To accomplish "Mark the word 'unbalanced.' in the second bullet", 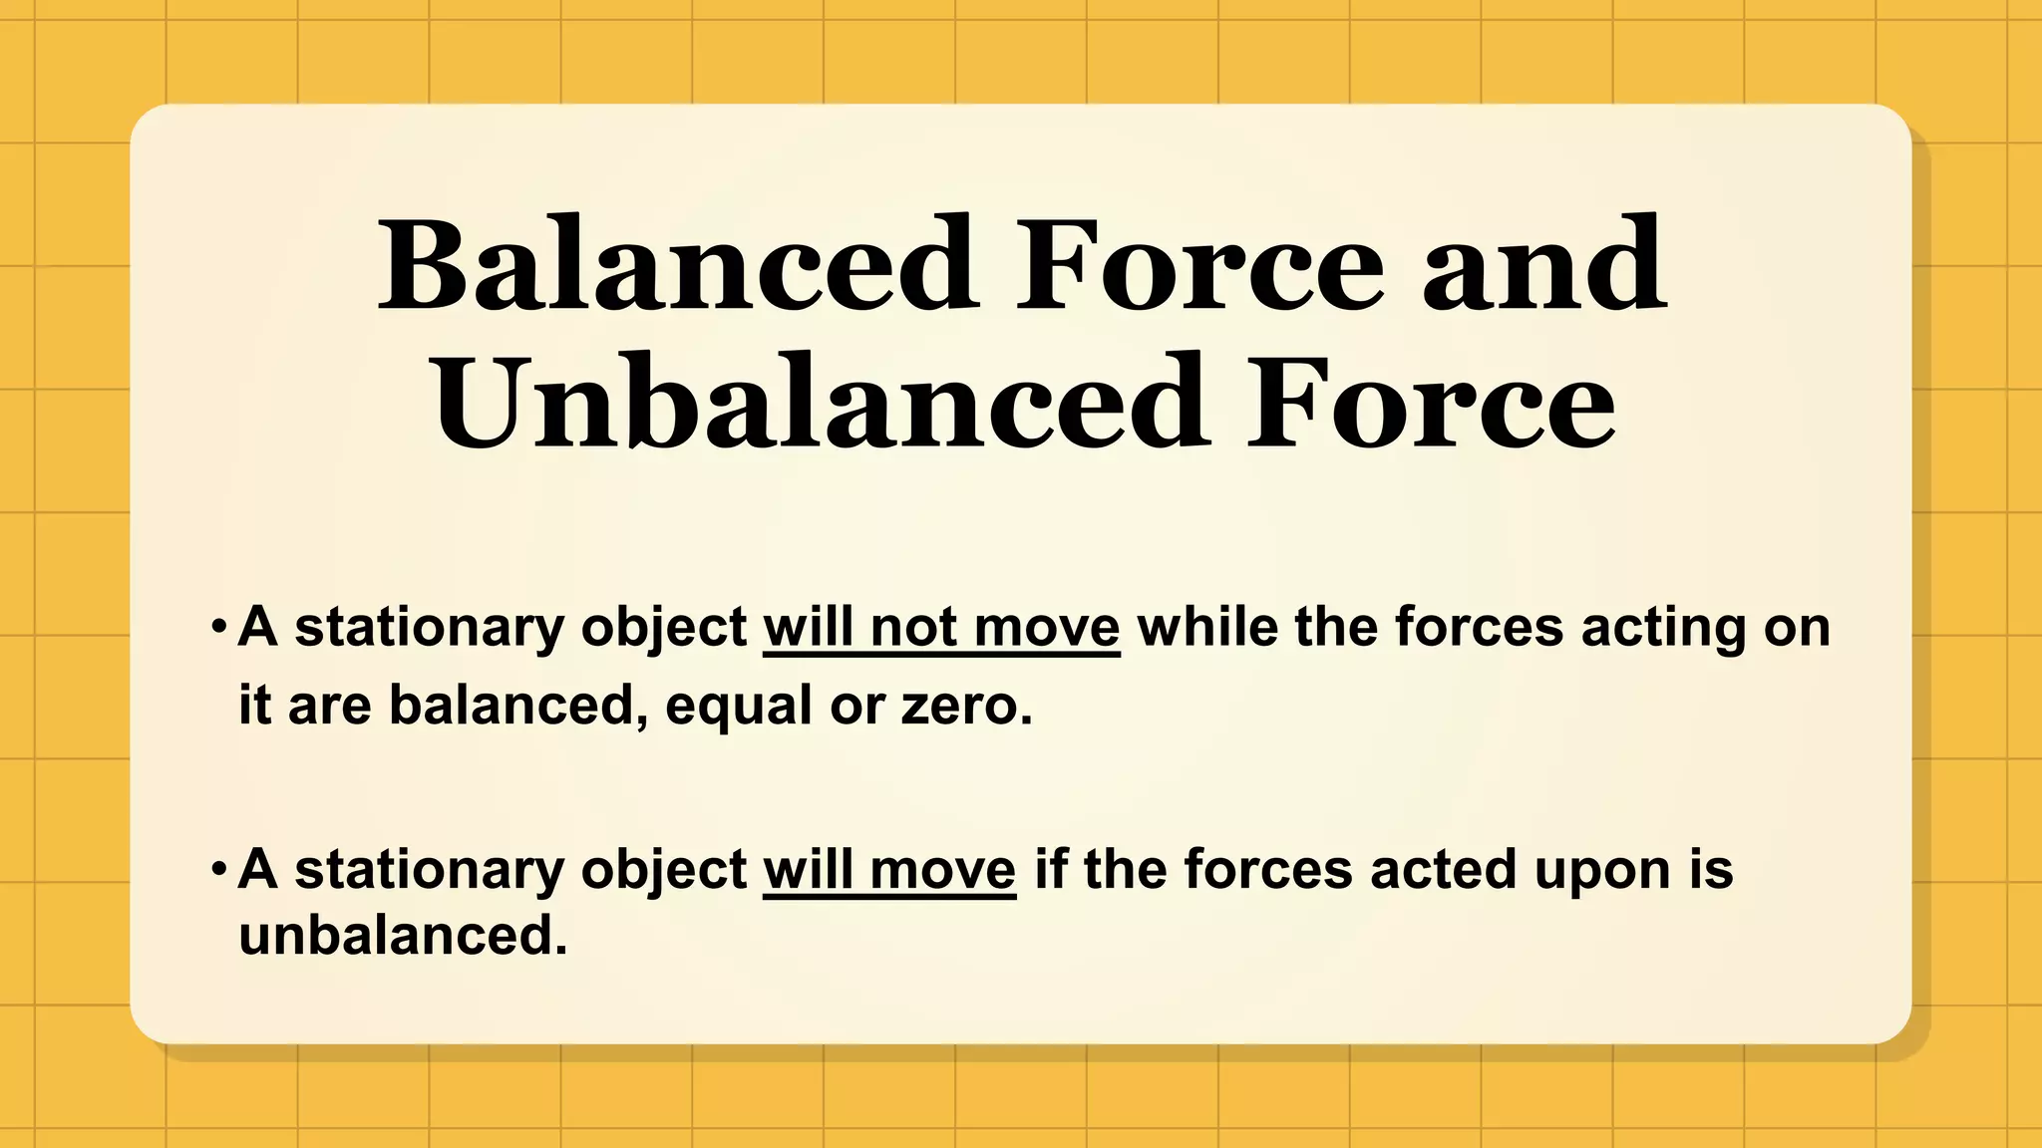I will [x=403, y=935].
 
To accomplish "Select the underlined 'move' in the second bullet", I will [x=942, y=870].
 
